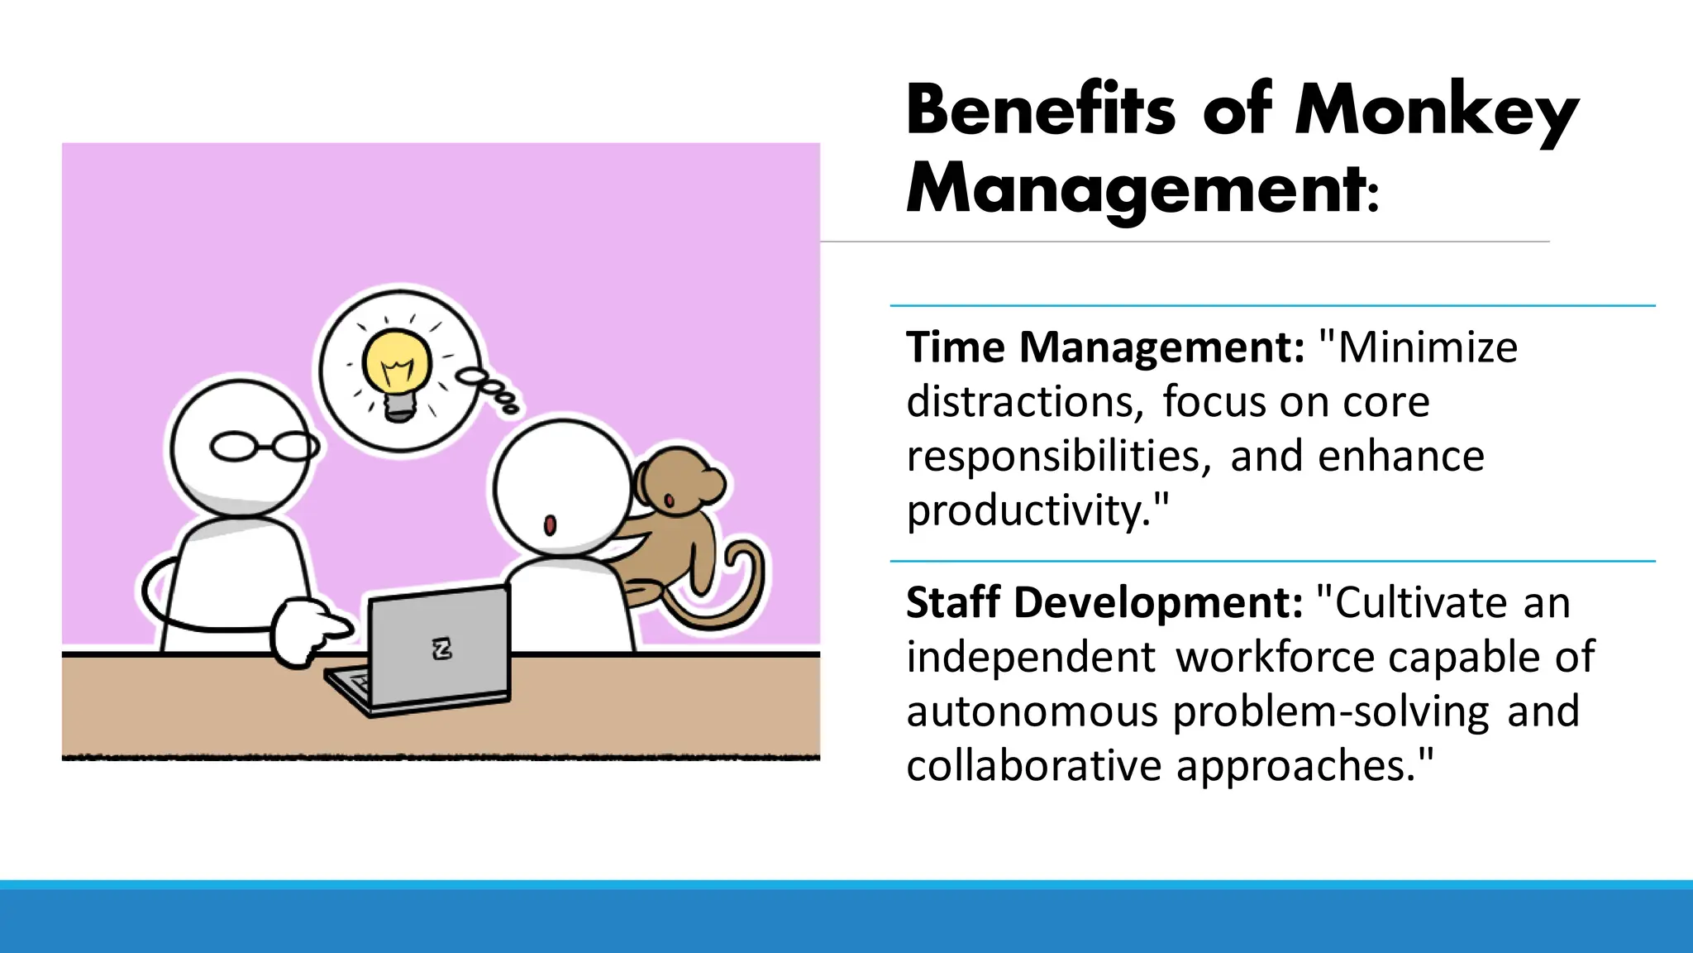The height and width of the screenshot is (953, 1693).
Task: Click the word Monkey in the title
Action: (1437, 112)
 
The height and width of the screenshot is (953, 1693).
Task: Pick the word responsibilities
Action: (1059, 457)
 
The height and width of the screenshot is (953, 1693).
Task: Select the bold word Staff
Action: (953, 602)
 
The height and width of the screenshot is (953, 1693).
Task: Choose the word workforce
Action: (1276, 657)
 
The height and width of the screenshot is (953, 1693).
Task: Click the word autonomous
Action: (1032, 711)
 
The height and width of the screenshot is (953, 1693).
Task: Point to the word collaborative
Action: (1034, 765)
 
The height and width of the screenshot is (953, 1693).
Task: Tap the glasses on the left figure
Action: (264, 447)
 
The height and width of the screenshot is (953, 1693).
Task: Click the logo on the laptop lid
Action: (442, 649)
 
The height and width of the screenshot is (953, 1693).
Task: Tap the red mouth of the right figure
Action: (550, 524)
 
